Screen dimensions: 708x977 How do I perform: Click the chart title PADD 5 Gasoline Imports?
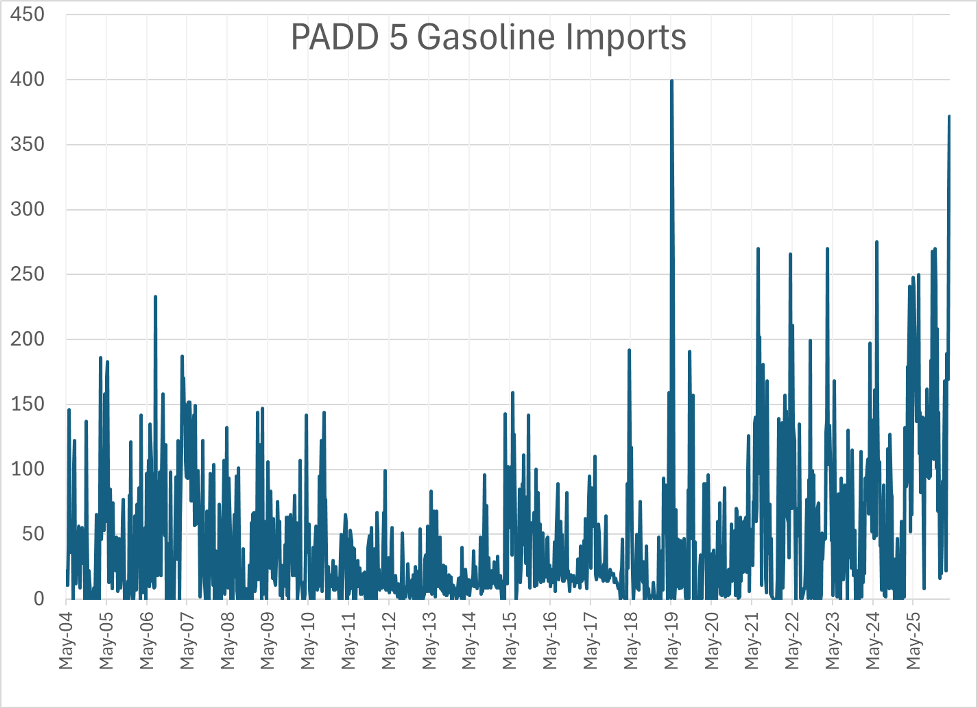pyautogui.click(x=488, y=37)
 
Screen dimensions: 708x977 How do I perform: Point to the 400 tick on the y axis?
pyautogui.click(x=27, y=80)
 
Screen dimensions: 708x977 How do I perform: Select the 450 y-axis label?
pyautogui.click(x=27, y=15)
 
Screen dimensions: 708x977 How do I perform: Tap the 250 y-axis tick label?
pyautogui.click(x=27, y=274)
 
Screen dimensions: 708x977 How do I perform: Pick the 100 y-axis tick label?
pyautogui.click(x=27, y=469)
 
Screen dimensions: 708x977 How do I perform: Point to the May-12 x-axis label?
pyautogui.click(x=389, y=641)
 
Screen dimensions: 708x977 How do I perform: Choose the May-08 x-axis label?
pyautogui.click(x=227, y=641)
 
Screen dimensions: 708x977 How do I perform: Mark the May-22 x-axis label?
pyautogui.click(x=792, y=641)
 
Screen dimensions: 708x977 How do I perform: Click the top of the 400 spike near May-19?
pyautogui.click(x=672, y=81)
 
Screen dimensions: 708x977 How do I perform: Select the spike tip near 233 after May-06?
pyautogui.click(x=155, y=297)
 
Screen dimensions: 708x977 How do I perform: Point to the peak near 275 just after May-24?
pyautogui.click(x=877, y=242)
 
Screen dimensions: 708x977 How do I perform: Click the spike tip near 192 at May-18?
pyautogui.click(x=629, y=350)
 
